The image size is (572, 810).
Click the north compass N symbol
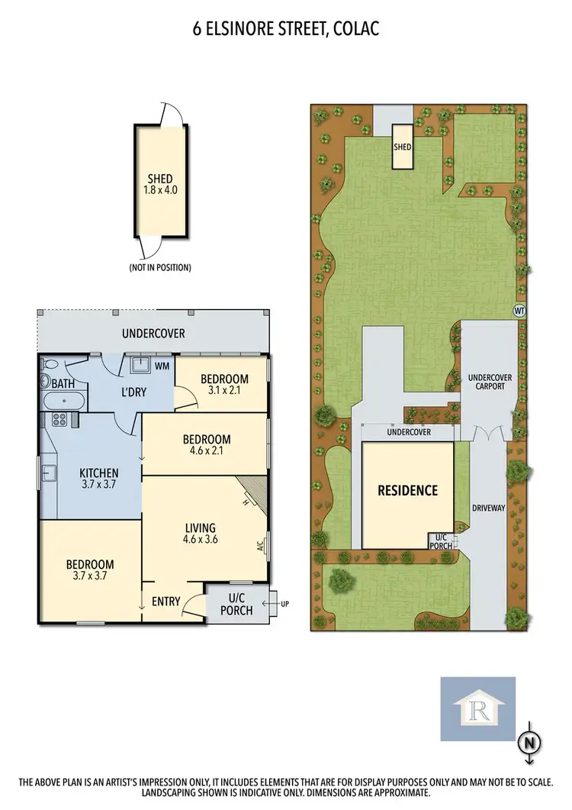click(528, 741)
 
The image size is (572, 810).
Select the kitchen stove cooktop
click(60, 418)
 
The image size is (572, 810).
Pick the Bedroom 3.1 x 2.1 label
click(224, 385)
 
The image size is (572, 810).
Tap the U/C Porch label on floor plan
click(236, 604)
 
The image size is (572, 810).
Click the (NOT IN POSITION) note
click(159, 267)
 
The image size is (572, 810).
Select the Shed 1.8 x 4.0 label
click(161, 185)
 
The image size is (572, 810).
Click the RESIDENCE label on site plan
click(408, 490)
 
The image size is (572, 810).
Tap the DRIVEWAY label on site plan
click(487, 506)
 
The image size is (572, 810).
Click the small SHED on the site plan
click(402, 145)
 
